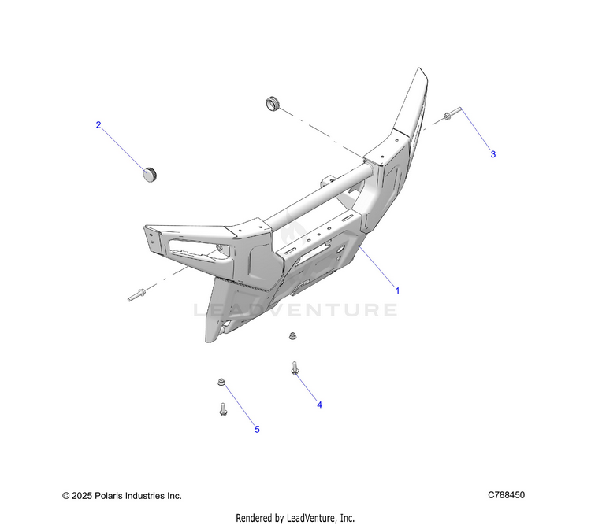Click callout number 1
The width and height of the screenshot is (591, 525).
coord(398,290)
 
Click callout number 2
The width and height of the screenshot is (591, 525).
coord(98,125)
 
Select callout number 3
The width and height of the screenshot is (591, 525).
coord(493,154)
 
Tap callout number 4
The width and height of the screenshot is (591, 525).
coord(319,405)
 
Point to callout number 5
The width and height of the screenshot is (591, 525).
coord(257,429)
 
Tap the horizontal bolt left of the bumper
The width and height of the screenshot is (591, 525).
coord(138,296)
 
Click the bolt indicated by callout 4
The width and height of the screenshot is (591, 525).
coord(295,367)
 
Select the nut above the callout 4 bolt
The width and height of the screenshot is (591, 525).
coord(291,336)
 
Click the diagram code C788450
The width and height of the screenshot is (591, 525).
coord(506,495)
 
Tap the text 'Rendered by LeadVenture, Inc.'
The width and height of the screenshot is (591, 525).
coord(295,517)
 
